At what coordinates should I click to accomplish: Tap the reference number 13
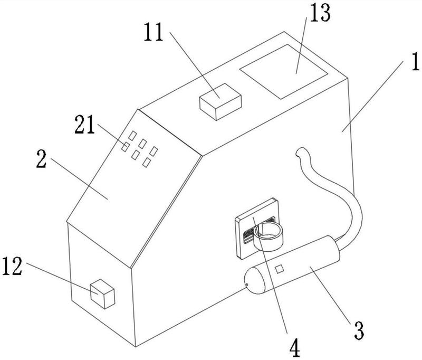(x=320, y=14)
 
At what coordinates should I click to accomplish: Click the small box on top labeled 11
(x=220, y=102)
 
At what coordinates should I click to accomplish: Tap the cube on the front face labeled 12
(x=102, y=293)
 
